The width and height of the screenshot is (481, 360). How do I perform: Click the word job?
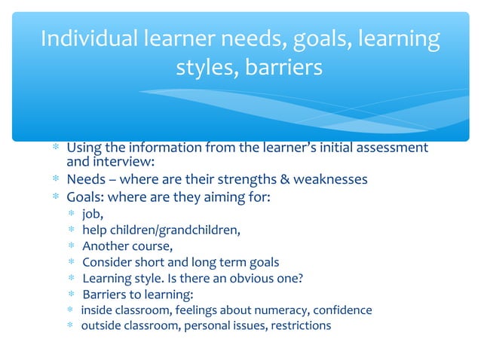coord(92,215)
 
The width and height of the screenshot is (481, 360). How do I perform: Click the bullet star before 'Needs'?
coord(55,180)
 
